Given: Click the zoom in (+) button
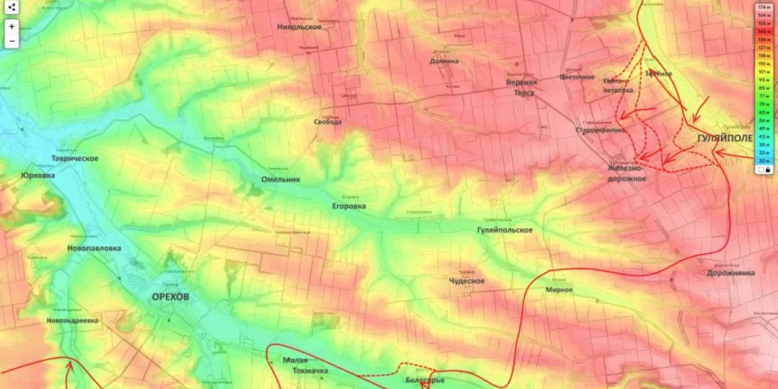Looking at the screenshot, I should tap(12, 27).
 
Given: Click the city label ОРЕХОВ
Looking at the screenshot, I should tap(171, 297).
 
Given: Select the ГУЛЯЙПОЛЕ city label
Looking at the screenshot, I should tap(725, 139).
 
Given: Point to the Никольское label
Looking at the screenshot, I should tap(300, 27).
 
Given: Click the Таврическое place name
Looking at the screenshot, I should tap(75, 159).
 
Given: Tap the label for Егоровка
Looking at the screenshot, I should tap(349, 206).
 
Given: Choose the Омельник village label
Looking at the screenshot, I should tap(280, 180).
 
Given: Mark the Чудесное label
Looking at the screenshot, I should tap(467, 281).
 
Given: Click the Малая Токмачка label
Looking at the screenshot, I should tap(305, 366).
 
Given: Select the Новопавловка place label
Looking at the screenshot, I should tap(94, 248).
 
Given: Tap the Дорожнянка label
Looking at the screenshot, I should tap(731, 273).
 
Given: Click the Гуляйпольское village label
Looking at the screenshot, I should tap(504, 230).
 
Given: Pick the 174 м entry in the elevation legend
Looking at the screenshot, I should tap(764, 7).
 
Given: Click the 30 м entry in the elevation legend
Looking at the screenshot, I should tap(764, 160).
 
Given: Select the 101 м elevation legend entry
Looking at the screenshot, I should tap(764, 71).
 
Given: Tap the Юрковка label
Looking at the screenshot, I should tap(38, 175).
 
